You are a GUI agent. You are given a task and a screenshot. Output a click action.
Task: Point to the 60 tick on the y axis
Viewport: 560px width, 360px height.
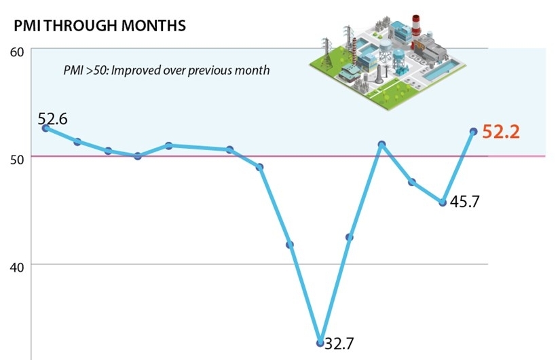(x=17, y=51)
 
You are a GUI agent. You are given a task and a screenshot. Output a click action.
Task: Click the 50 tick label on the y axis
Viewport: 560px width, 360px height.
(x=17, y=158)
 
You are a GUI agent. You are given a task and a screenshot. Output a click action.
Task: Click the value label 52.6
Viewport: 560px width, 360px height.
(x=53, y=119)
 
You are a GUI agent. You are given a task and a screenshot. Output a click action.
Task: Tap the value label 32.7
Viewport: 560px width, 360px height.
(x=339, y=344)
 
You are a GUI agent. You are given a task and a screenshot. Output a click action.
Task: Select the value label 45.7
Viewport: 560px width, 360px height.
(x=464, y=202)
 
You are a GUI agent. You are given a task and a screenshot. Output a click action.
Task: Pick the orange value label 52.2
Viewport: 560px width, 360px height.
(x=500, y=132)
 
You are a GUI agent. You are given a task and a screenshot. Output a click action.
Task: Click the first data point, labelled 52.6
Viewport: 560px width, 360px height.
(x=45, y=128)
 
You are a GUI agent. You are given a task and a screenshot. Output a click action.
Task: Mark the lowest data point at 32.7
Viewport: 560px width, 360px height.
(x=320, y=342)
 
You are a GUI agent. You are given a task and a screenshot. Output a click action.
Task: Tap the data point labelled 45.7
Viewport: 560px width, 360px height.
(x=443, y=202)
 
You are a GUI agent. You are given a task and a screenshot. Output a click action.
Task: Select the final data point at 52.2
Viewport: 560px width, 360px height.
(x=474, y=132)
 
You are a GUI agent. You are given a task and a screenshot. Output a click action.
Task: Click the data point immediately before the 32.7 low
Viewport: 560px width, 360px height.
(x=290, y=245)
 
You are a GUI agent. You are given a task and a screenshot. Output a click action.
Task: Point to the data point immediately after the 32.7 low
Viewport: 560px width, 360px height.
(x=350, y=237)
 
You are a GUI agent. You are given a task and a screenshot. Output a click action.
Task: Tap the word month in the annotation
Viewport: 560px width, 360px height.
(x=255, y=70)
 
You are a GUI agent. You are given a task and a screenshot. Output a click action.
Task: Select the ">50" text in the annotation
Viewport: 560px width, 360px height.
(x=88, y=70)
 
